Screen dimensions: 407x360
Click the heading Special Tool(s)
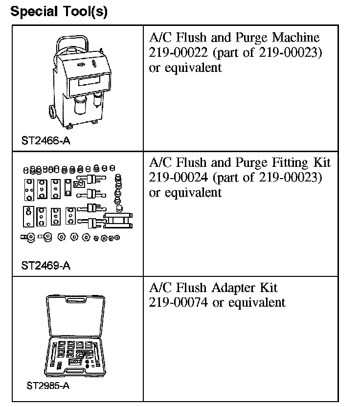(59, 11)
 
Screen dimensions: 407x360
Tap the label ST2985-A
(48, 385)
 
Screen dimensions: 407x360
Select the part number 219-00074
(179, 302)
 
